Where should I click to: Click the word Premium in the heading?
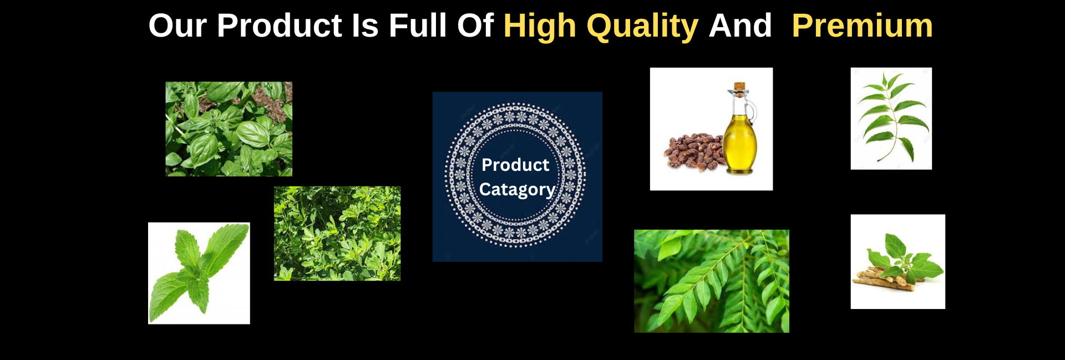(x=862, y=26)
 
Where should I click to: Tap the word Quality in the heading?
(x=642, y=27)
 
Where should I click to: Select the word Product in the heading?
(x=279, y=26)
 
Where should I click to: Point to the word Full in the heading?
(x=417, y=26)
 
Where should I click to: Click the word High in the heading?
(x=540, y=27)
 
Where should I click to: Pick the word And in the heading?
(x=740, y=26)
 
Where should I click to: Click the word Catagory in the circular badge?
(x=517, y=190)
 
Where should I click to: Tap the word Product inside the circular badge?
(x=515, y=165)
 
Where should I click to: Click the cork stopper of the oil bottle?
(x=739, y=87)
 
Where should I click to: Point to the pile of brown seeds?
(x=693, y=151)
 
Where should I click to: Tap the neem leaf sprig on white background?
(x=891, y=118)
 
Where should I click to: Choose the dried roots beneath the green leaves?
(x=882, y=276)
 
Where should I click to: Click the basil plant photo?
(x=229, y=129)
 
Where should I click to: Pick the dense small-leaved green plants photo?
(x=337, y=234)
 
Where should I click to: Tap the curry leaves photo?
(x=712, y=281)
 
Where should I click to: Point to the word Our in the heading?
(x=178, y=26)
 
